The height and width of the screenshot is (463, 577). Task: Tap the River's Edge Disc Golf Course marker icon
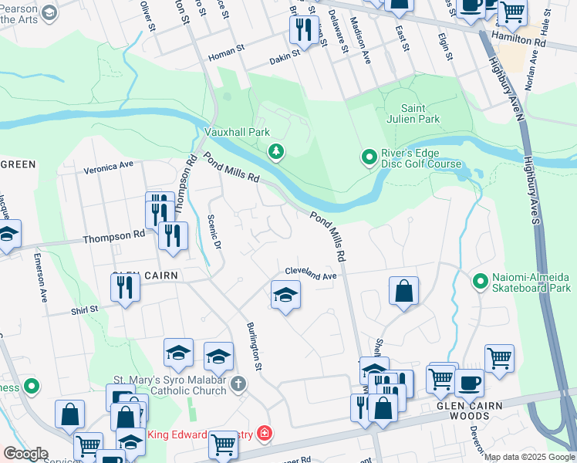[369, 157]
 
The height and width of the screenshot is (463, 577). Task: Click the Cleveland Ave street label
[311, 273]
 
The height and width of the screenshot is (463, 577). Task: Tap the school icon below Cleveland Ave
[285, 295]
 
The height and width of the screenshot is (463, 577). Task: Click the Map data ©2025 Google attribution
[528, 457]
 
